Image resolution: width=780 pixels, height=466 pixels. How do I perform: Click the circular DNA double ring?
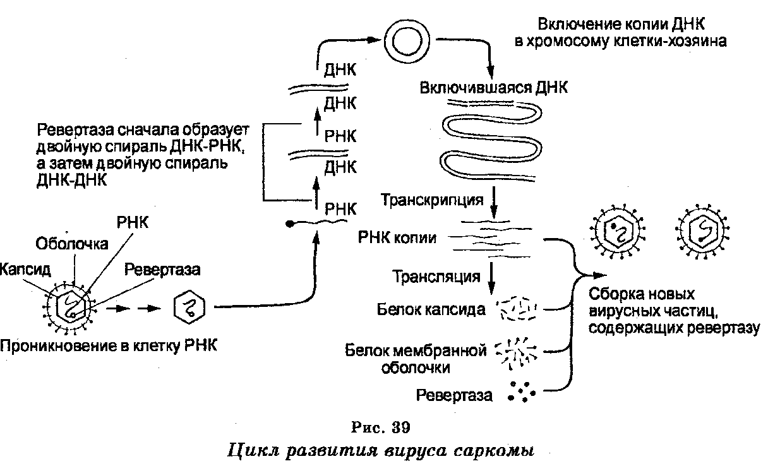pyautogui.click(x=402, y=43)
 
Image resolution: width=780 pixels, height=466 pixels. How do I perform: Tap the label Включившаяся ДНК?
pyautogui.click(x=493, y=88)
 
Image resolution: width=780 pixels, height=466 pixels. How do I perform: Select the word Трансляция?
pyautogui.click(x=436, y=277)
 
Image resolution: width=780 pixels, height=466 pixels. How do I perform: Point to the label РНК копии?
pyautogui.click(x=397, y=237)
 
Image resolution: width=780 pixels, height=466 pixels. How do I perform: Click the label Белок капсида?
pyautogui.click(x=432, y=309)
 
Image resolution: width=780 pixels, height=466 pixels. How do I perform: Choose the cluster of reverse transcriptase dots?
pyautogui.click(x=519, y=392)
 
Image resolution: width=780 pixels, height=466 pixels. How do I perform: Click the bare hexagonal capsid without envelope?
pyautogui.click(x=188, y=308)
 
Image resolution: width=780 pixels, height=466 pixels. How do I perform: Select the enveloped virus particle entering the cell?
pyautogui.click(x=70, y=306)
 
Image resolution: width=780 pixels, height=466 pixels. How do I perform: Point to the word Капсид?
pyautogui.click(x=25, y=270)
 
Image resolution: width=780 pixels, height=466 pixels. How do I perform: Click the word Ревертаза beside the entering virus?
pyautogui.click(x=162, y=270)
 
